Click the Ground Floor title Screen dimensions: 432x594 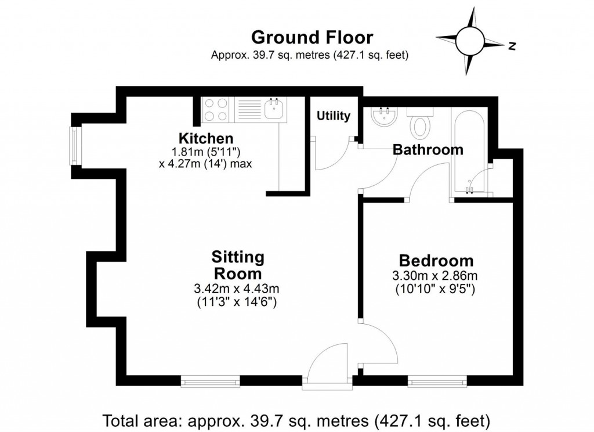click(312, 38)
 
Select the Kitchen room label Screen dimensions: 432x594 click(206, 139)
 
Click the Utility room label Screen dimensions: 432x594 click(334, 116)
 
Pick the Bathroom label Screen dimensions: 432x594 click(428, 150)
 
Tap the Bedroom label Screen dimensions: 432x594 click(435, 261)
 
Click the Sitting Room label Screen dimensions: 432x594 click(238, 265)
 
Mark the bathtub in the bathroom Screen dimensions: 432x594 click(469, 152)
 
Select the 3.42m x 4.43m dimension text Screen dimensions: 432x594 click(238, 289)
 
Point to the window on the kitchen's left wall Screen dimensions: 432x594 click(74, 146)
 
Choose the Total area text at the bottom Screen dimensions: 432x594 click(296, 419)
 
